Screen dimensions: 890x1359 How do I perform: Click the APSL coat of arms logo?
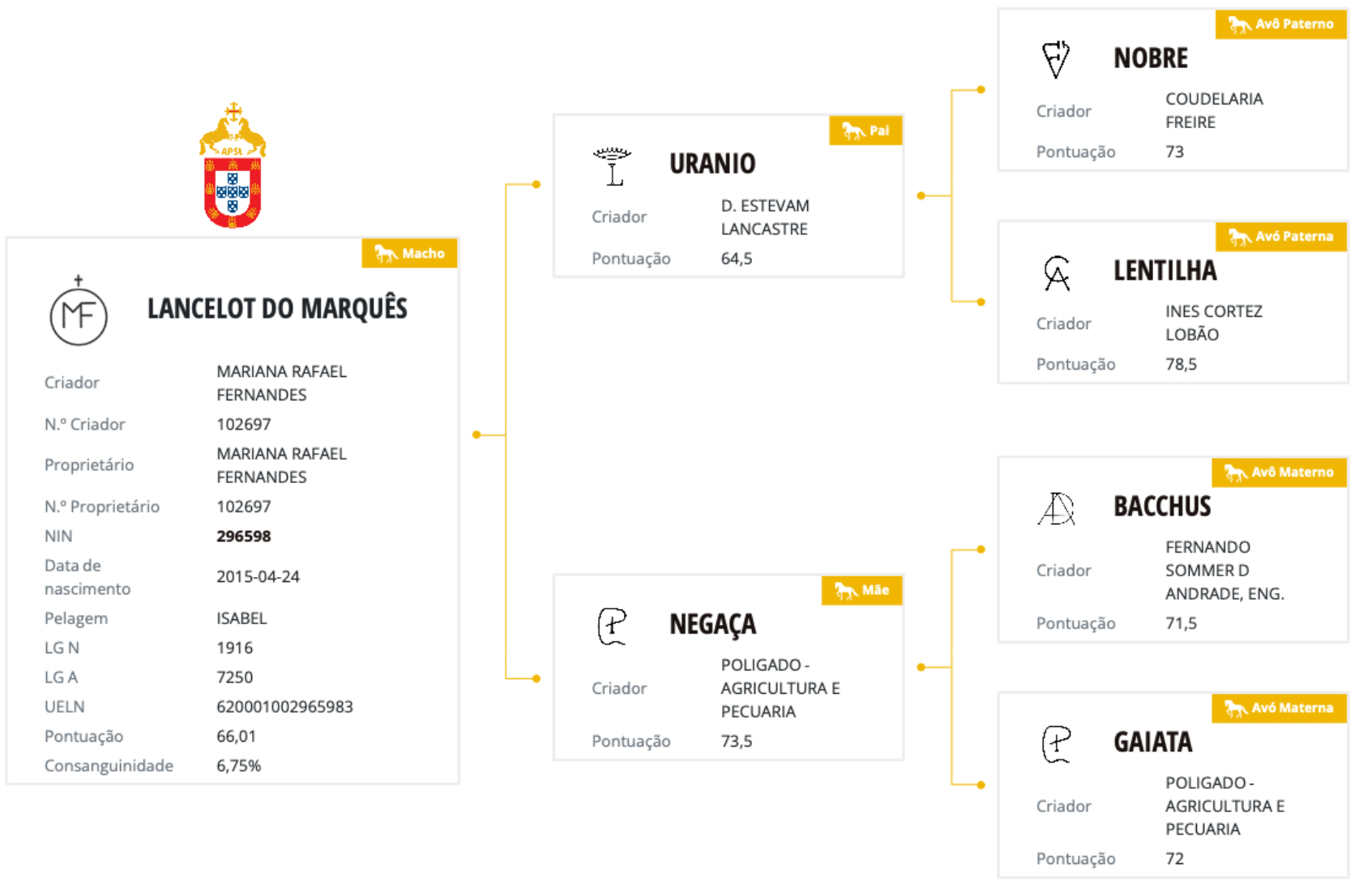click(x=233, y=166)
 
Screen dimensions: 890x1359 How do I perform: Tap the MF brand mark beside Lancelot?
click(x=79, y=314)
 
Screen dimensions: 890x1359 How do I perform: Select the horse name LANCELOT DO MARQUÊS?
click(x=277, y=309)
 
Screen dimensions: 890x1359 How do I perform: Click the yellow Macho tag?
click(x=409, y=254)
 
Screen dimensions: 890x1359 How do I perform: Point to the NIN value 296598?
click(x=244, y=536)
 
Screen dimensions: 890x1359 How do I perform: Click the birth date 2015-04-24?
click(x=258, y=576)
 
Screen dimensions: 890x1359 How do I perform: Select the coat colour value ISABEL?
click(x=241, y=618)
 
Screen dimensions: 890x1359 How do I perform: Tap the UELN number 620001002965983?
click(x=284, y=707)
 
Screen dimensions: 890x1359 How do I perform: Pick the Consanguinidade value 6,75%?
click(x=238, y=766)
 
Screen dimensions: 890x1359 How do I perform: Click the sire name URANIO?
click(x=712, y=164)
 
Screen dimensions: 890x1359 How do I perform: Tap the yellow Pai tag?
click(x=865, y=131)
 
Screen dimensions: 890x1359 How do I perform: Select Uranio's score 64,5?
click(x=737, y=259)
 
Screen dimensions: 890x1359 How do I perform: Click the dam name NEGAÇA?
click(x=712, y=624)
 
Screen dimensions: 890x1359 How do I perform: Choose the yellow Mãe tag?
click(x=862, y=590)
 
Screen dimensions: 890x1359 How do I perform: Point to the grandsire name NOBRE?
click(x=1151, y=58)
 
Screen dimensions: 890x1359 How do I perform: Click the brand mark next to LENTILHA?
click(x=1057, y=273)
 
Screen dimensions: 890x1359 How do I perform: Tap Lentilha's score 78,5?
click(x=1181, y=364)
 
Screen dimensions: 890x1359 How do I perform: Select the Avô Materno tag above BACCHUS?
click(x=1280, y=472)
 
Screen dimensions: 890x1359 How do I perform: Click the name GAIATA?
click(x=1152, y=742)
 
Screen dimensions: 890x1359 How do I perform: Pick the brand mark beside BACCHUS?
click(x=1057, y=509)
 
